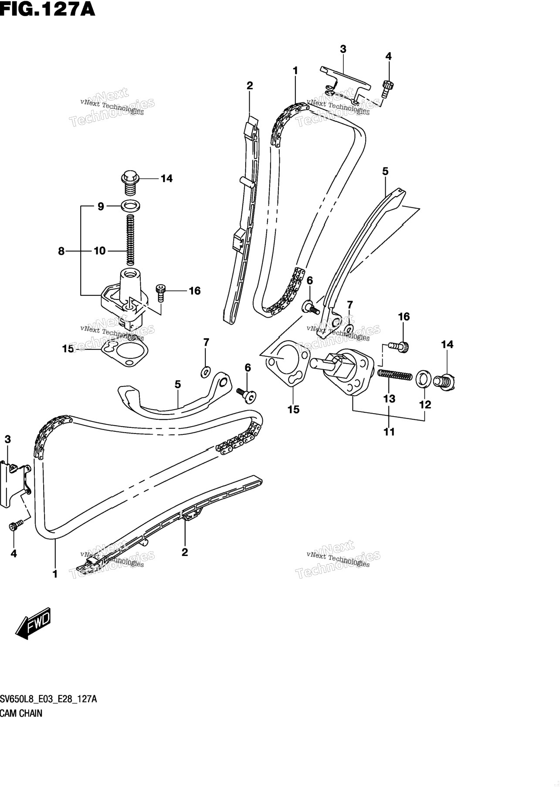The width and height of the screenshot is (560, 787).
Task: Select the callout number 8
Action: (x=61, y=251)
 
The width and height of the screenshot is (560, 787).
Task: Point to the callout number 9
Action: (x=101, y=207)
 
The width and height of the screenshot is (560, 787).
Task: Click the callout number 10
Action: (x=100, y=251)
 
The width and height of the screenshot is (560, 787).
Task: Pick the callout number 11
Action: (x=389, y=431)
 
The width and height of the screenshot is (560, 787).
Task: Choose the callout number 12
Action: (x=425, y=404)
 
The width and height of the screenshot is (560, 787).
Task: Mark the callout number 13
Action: (x=389, y=398)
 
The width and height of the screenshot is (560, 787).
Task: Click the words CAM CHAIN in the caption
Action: (x=21, y=726)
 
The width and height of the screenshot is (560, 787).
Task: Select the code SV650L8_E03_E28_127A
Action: (x=48, y=712)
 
